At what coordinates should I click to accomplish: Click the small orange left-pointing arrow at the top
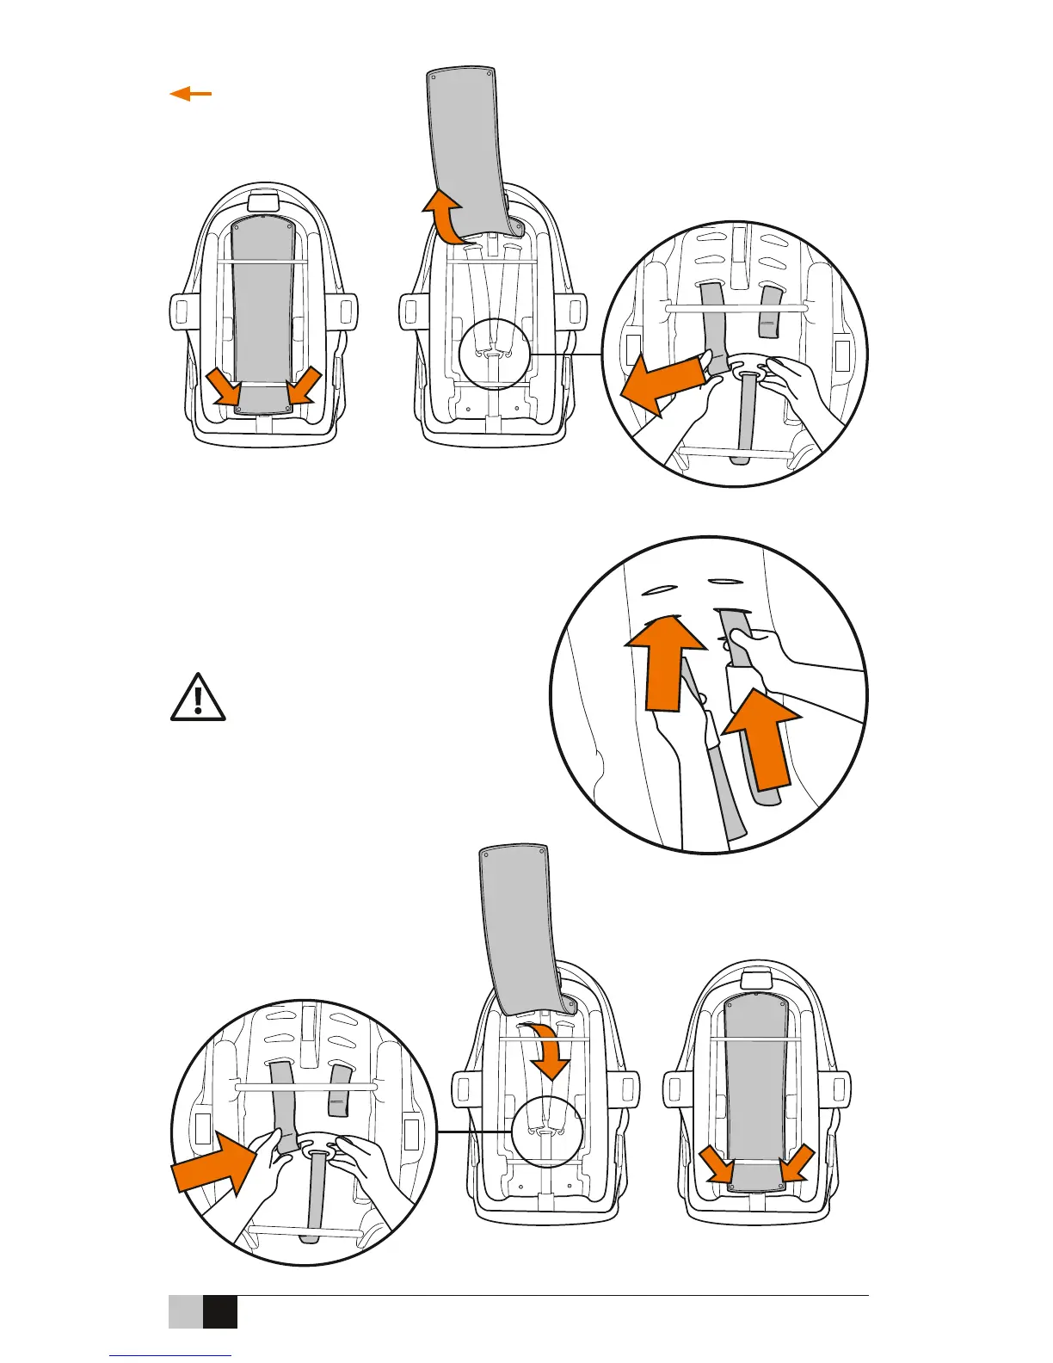191,94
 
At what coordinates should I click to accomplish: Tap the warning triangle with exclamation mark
198,698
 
